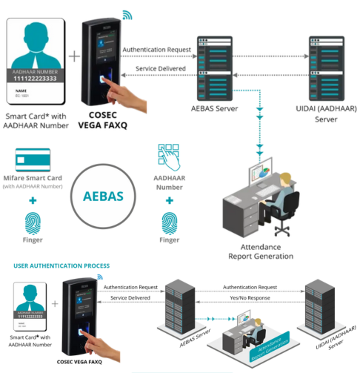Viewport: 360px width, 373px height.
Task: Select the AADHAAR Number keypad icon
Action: (169, 157)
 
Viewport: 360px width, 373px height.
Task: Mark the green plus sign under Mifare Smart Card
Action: (33, 200)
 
